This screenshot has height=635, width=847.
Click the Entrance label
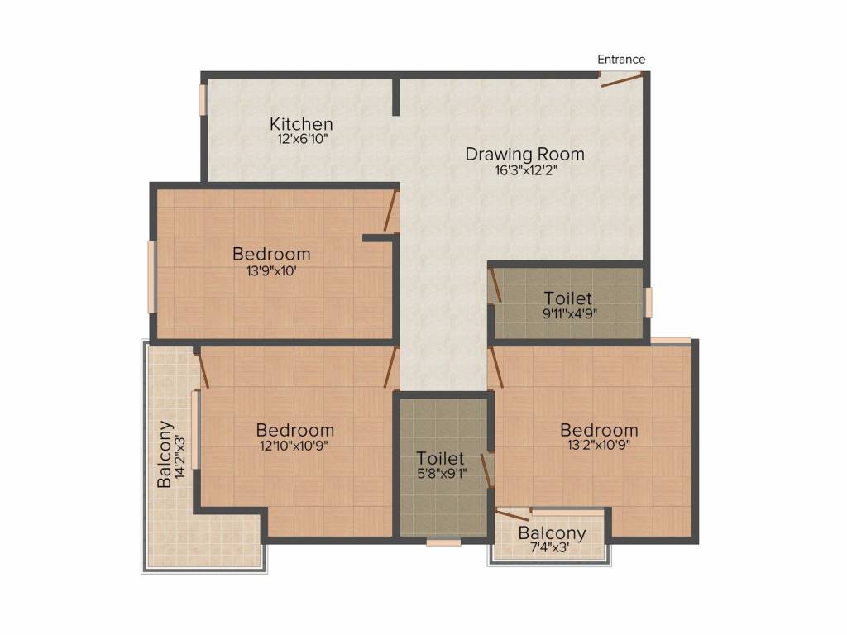[x=621, y=59]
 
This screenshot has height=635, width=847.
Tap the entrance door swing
[x=622, y=80]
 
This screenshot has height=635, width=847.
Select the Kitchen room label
[x=301, y=124]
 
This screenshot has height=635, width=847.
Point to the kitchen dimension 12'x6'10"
[x=303, y=139]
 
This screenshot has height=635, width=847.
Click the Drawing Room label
[x=525, y=155]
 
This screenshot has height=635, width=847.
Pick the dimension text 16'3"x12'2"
[x=525, y=170]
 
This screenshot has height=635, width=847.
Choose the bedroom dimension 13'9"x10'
[x=271, y=271]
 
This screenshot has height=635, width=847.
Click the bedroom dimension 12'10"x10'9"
[x=294, y=446]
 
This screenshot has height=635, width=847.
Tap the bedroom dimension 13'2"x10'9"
[x=599, y=445]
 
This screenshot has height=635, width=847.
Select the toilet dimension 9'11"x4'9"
[x=569, y=313]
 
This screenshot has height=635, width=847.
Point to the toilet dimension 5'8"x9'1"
[x=442, y=474]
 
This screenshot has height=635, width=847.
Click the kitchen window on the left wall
[x=203, y=99]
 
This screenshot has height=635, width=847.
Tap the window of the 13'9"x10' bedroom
[x=152, y=277]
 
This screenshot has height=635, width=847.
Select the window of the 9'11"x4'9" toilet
[x=648, y=302]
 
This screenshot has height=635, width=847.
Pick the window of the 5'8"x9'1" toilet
[x=443, y=542]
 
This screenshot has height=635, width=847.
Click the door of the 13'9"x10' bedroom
[x=390, y=211]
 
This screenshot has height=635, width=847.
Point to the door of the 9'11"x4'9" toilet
[x=495, y=285]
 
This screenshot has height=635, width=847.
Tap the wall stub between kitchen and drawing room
[x=396, y=96]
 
